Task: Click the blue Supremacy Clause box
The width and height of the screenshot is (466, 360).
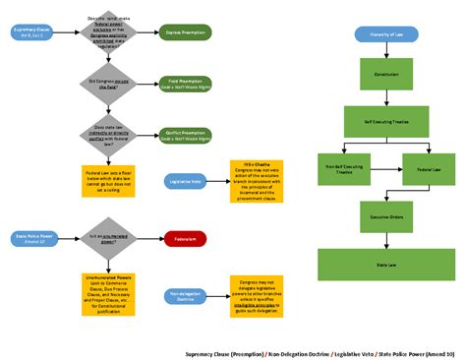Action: (29, 32)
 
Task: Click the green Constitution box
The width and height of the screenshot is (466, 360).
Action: (379, 74)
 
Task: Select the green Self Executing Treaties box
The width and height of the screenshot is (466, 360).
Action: (379, 122)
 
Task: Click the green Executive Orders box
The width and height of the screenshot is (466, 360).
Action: (379, 215)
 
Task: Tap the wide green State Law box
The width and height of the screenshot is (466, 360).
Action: (379, 264)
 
